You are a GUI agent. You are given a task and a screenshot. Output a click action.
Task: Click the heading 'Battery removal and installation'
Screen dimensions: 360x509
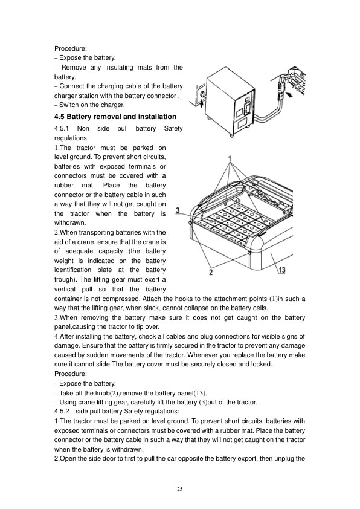pos(121,117)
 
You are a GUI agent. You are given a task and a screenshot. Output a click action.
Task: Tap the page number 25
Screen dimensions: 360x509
pos(179,489)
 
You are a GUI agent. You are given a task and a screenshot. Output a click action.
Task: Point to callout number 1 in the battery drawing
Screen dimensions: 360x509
pos(230,159)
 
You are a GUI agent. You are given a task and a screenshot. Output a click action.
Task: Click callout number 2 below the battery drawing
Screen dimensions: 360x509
pos(211,272)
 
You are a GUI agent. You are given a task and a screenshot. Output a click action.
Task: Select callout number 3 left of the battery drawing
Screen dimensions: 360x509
pos(178,210)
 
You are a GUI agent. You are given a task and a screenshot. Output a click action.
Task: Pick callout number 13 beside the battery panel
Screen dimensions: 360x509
pos(282,270)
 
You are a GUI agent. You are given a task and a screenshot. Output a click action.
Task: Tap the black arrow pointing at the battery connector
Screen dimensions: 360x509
pos(289,95)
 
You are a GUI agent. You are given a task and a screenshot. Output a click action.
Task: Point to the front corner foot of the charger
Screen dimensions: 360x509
pos(231,134)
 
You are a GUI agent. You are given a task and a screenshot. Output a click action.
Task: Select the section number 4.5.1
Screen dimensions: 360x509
pos(62,129)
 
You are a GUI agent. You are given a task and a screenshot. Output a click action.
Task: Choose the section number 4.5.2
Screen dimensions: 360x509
pos(62,411)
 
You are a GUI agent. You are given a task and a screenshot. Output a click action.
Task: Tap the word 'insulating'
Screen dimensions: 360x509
pos(119,68)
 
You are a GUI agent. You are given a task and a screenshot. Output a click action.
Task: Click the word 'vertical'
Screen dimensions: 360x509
pos(65,289)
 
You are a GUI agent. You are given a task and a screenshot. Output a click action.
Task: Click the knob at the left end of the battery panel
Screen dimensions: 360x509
pos(190,223)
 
